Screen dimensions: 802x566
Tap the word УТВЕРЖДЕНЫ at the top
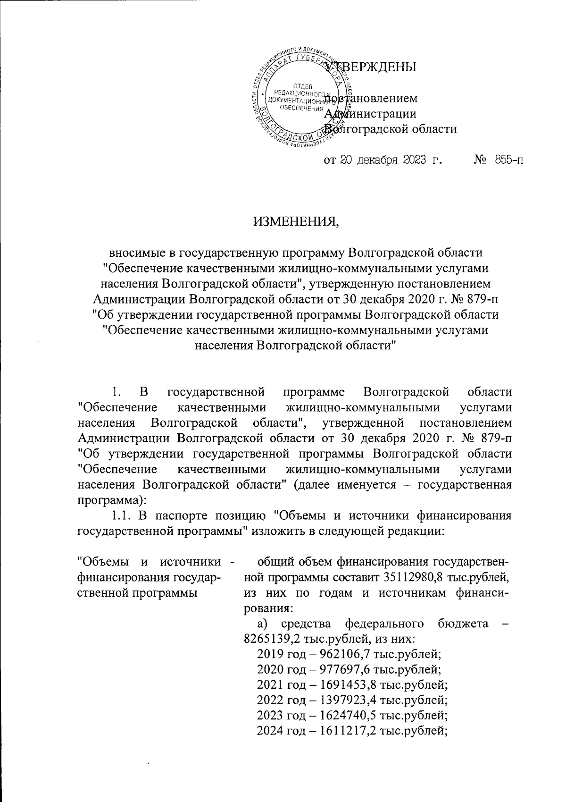pos(371,67)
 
